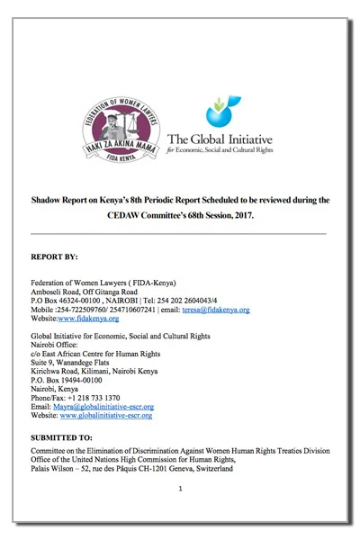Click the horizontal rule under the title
click(x=180, y=233)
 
